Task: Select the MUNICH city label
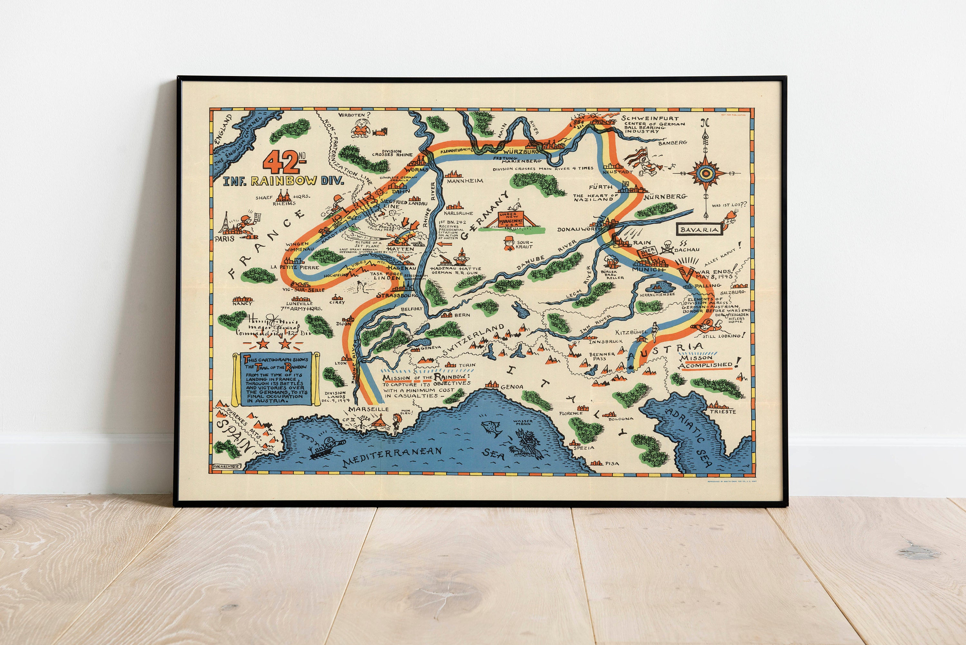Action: (x=648, y=269)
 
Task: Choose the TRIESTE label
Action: (x=722, y=411)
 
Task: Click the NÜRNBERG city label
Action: (x=665, y=197)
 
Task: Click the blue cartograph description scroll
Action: (x=276, y=379)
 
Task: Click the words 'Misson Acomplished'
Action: (x=706, y=361)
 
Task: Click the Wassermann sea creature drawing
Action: (x=528, y=444)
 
